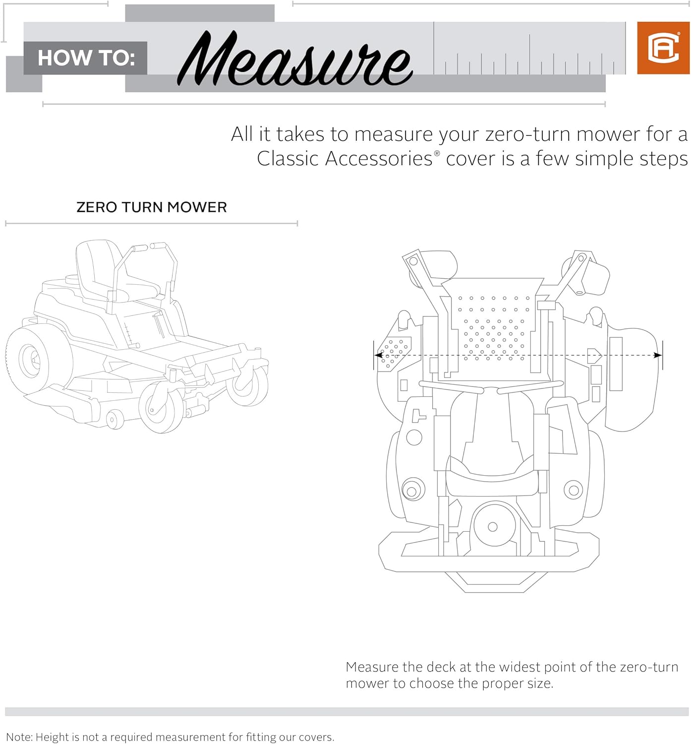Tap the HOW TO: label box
tap(86, 58)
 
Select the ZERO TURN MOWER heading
tap(151, 207)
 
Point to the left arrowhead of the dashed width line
tap(378, 355)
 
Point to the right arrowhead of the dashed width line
tap(658, 355)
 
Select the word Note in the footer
tap(18, 737)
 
